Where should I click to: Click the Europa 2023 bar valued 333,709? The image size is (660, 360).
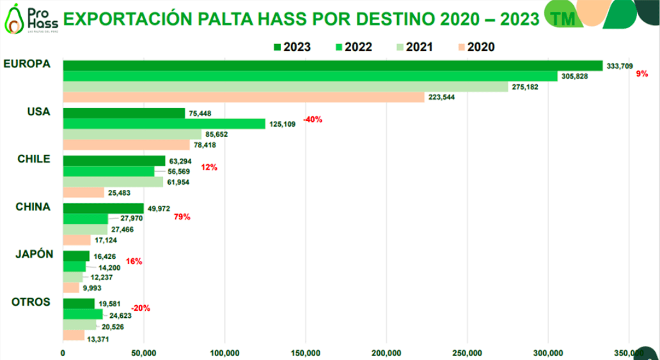click(333, 66)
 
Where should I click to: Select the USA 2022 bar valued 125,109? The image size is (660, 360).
click(164, 124)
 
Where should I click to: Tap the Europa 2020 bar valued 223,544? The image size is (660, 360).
click(243, 97)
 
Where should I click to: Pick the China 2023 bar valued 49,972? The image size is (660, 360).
click(103, 208)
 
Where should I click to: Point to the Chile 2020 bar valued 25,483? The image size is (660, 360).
click(83, 192)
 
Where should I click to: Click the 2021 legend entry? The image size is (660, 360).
click(415, 47)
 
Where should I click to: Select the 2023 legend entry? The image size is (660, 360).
click(292, 47)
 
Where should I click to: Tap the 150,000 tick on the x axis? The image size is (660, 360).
click(306, 352)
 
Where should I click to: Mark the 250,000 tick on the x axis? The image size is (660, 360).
click(467, 352)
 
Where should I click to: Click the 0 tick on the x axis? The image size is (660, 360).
click(63, 352)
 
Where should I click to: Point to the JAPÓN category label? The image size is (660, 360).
click(33, 254)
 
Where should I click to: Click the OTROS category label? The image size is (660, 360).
click(31, 302)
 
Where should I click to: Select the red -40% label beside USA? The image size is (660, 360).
click(312, 120)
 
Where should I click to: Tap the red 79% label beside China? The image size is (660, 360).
click(182, 217)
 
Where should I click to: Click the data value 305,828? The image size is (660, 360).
click(574, 76)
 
